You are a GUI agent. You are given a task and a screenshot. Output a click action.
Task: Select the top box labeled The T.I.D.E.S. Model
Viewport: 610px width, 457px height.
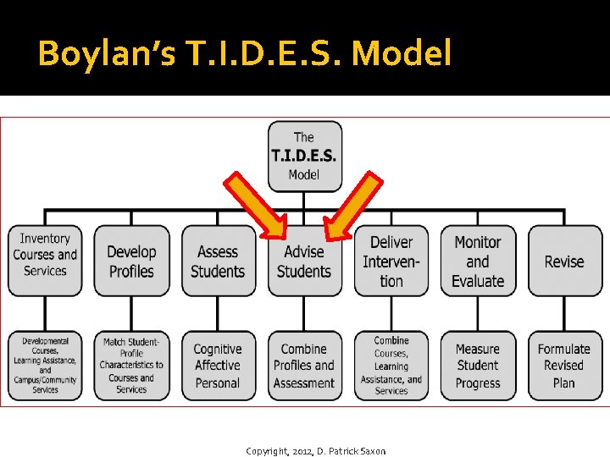(305, 156)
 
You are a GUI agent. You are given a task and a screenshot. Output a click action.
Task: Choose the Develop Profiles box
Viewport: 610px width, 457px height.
(131, 260)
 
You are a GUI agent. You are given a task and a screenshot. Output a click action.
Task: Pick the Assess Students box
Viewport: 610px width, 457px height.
(218, 260)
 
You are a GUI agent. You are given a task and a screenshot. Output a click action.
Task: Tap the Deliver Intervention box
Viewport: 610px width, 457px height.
(391, 260)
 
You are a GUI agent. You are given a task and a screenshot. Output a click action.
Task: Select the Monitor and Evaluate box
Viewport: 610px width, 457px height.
(478, 260)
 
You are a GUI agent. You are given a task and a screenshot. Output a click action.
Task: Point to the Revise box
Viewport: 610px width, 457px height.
(564, 260)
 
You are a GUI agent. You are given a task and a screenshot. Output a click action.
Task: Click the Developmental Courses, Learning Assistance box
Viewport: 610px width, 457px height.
(45, 366)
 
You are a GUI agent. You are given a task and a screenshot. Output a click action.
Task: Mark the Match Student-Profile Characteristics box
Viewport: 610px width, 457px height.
(131, 366)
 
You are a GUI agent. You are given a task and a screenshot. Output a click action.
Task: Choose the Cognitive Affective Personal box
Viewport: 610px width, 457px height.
(218, 366)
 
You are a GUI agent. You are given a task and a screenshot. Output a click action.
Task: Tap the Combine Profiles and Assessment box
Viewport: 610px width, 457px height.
(304, 366)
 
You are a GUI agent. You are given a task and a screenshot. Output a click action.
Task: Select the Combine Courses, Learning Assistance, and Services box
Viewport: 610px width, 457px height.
(391, 366)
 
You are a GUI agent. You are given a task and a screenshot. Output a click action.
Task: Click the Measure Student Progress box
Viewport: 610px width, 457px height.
(478, 366)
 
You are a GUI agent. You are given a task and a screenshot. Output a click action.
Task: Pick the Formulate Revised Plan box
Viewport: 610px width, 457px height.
(564, 366)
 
